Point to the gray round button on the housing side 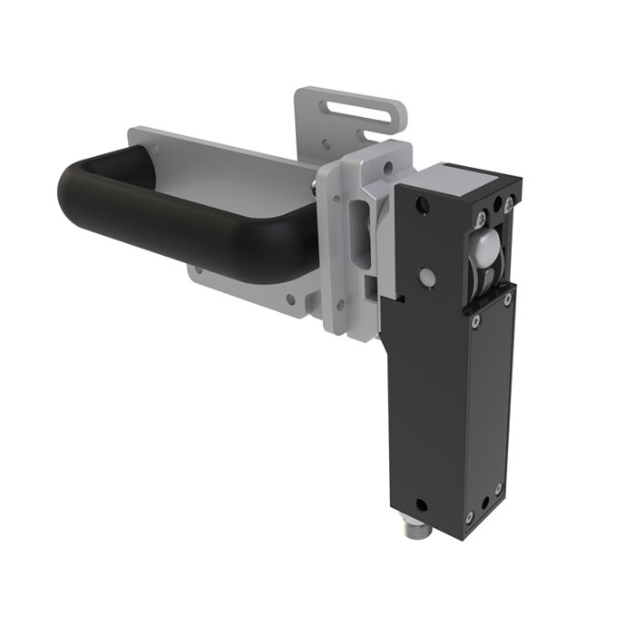pyautogui.click(x=425, y=276)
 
